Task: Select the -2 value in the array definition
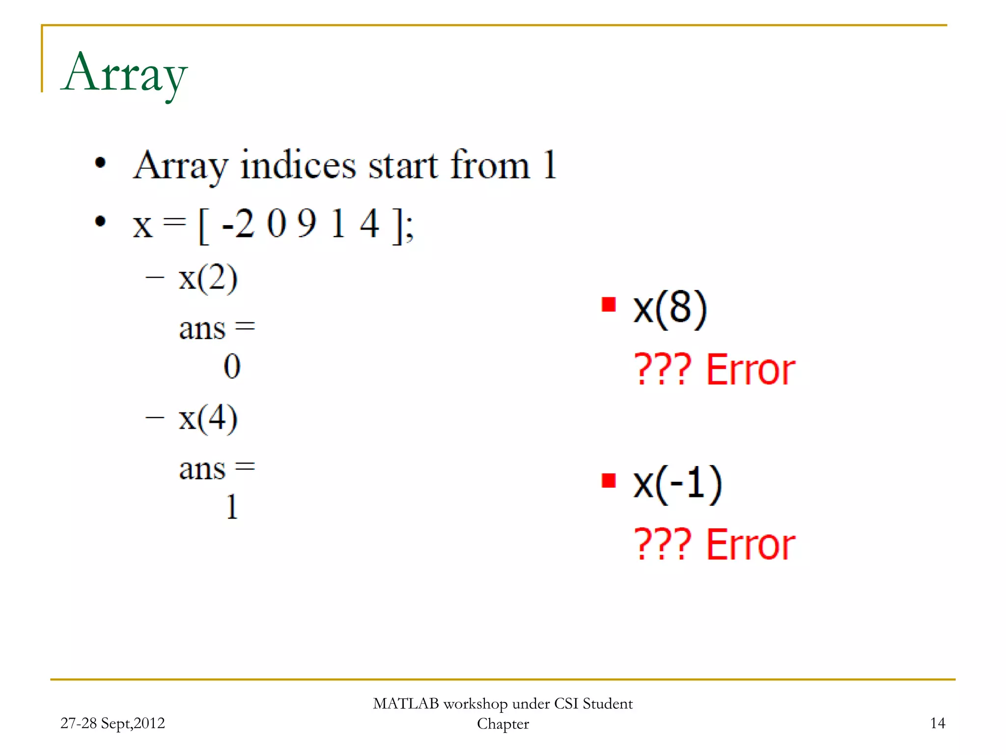(238, 224)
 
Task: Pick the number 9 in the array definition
(307, 224)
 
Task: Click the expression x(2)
(208, 278)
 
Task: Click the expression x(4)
(208, 418)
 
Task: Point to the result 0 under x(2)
(232, 367)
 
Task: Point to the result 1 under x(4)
(232, 507)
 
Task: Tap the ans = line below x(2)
(217, 328)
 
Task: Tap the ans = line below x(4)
(217, 468)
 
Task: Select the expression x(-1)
(677, 484)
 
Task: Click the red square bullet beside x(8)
(609, 305)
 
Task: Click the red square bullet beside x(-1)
(609, 480)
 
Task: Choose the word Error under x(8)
(751, 370)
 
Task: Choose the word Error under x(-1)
(751, 545)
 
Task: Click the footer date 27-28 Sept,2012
(112, 723)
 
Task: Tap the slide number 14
(937, 723)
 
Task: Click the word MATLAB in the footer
(406, 704)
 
